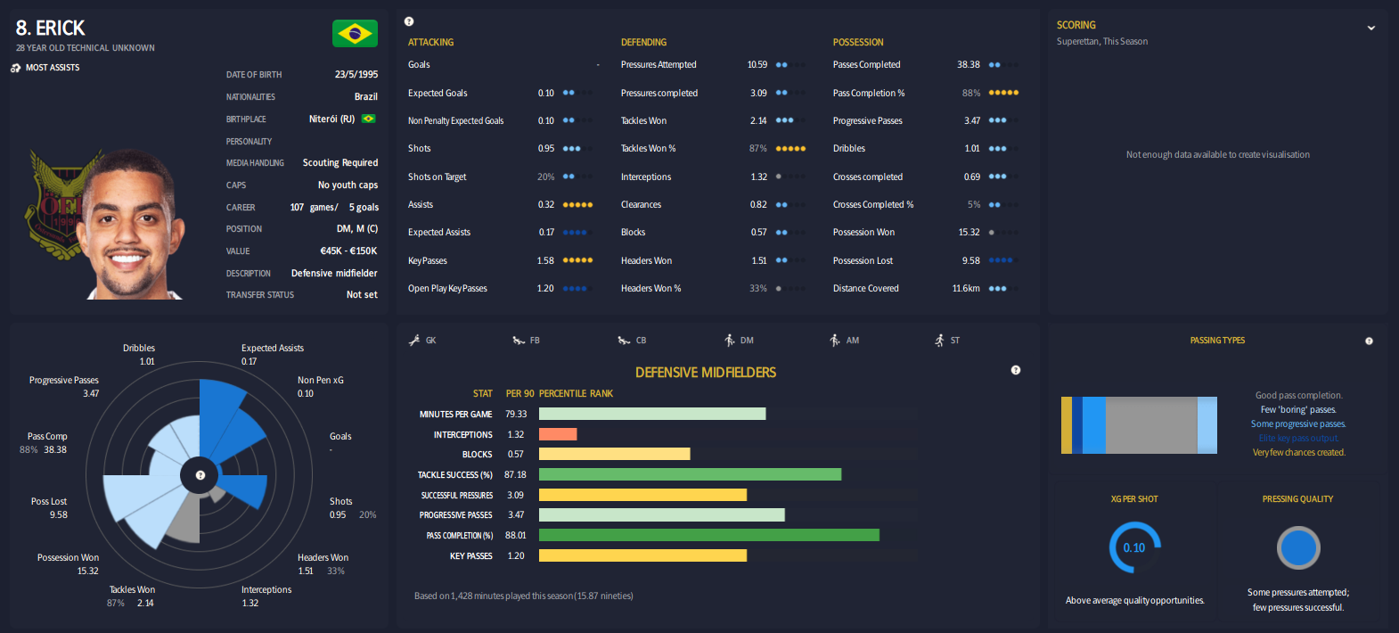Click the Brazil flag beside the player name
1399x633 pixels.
pyautogui.click(x=355, y=34)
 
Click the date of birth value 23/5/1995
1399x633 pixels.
pyautogui.click(x=356, y=75)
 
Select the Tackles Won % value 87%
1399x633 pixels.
pyautogui.click(x=757, y=149)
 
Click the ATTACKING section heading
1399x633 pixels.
pyautogui.click(x=430, y=43)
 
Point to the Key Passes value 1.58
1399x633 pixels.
pyautogui.click(x=545, y=261)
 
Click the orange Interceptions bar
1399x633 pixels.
pyautogui.click(x=558, y=434)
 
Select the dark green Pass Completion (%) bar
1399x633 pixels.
pyautogui.click(x=708, y=535)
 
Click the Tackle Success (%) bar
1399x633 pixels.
pyautogui.click(x=690, y=474)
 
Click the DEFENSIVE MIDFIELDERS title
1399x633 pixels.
pyautogui.click(x=705, y=373)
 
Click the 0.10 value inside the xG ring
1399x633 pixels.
pyautogui.click(x=1133, y=548)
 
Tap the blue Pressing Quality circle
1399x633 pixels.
pyautogui.click(x=1297, y=548)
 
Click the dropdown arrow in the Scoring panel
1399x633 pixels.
pyautogui.click(x=1370, y=29)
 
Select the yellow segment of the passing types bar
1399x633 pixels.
pyautogui.click(x=1066, y=425)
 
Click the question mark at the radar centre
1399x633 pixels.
pyautogui.click(x=200, y=475)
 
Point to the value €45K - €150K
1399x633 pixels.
pyautogui.click(x=348, y=251)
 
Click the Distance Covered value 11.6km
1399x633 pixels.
pyautogui.click(x=965, y=289)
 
